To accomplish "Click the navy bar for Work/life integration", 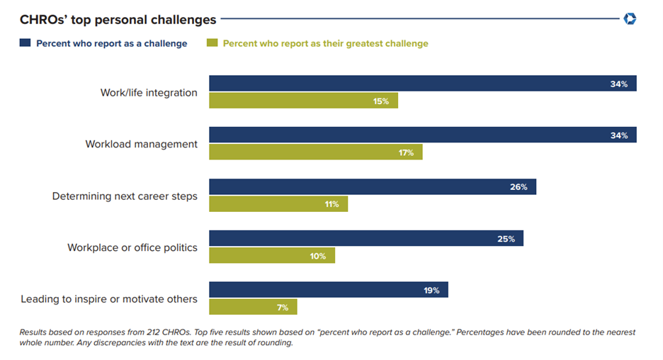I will tap(422, 84).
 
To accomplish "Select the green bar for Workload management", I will tap(315, 152).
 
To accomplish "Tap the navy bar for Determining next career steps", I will tap(372, 187).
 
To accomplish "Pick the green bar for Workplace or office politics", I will tap(271, 255).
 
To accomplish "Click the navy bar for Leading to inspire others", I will tap(328, 290).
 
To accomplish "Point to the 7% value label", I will tap(283, 308).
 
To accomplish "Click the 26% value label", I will tap(518, 187).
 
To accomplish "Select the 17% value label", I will tap(406, 152).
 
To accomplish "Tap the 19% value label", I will tap(431, 290).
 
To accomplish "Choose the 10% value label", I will tap(317, 256).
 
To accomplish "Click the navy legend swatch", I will tap(25, 43).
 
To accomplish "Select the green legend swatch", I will tap(212, 43).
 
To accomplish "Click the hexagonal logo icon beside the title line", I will tap(630, 19).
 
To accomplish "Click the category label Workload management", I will tap(141, 144).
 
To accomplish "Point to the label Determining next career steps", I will tap(125, 196).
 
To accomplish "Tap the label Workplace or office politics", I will tap(132, 247).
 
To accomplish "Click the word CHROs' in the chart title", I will tap(43, 20).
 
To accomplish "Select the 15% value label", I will tap(381, 101).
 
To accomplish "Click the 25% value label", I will tap(506, 239).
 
